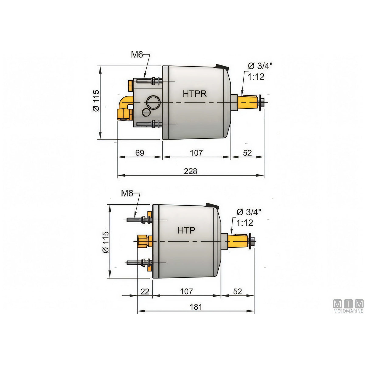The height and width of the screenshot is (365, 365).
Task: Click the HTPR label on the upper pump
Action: [x=195, y=94]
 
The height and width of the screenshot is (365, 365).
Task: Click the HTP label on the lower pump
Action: [x=186, y=230]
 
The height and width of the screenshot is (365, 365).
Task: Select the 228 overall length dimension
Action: [x=190, y=171]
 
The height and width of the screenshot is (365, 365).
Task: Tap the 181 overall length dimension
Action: [x=196, y=307]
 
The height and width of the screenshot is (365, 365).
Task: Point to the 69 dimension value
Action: [x=140, y=153]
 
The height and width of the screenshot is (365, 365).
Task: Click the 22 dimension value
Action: [x=145, y=291]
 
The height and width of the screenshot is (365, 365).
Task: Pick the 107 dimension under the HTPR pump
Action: [x=196, y=153]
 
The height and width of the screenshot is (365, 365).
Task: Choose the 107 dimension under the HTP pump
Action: [x=186, y=291]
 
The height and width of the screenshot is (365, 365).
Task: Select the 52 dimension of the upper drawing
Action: [x=247, y=153]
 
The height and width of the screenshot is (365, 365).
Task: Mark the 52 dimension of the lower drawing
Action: [x=237, y=291]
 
